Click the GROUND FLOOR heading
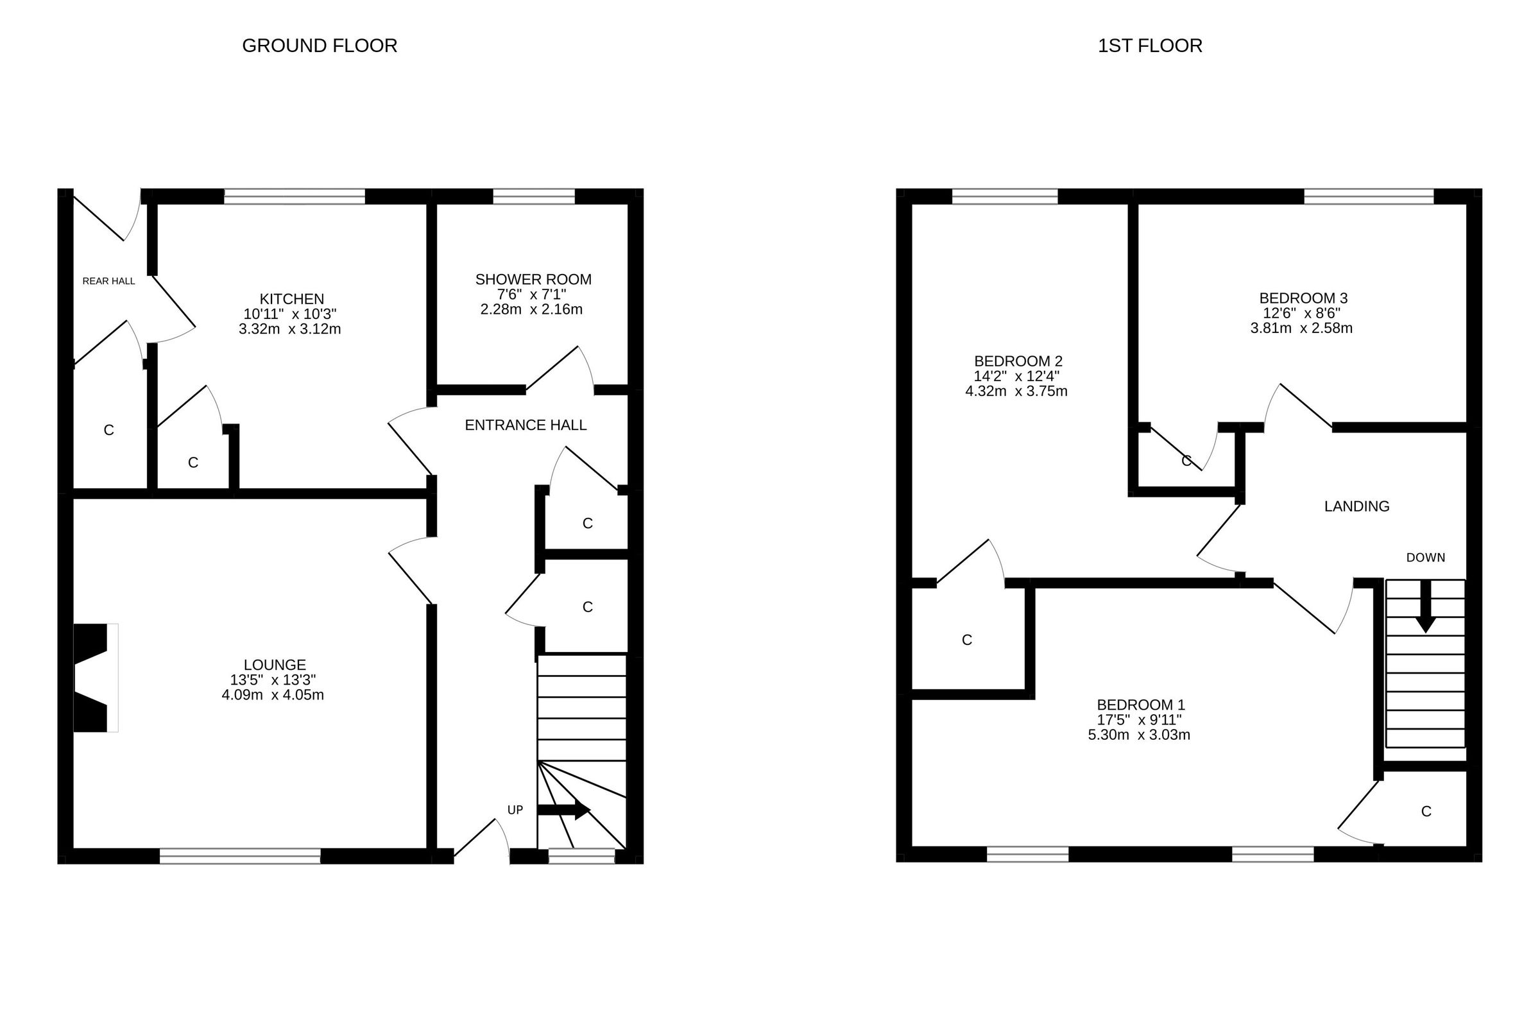click(x=320, y=46)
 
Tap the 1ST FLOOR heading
click(x=1150, y=46)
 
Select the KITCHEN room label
click(x=292, y=299)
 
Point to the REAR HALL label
click(x=109, y=281)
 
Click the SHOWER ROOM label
click(x=533, y=280)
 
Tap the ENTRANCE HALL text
click(x=525, y=425)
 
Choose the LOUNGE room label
click(x=275, y=665)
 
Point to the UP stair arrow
click(x=564, y=810)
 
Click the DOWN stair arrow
click(x=1425, y=606)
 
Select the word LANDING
click(x=1356, y=506)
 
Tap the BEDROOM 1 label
click(x=1141, y=705)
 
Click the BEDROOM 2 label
click(x=1018, y=361)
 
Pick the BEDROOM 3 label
click(x=1303, y=298)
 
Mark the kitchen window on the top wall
click(x=295, y=196)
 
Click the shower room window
click(x=534, y=196)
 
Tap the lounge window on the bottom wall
click(x=240, y=855)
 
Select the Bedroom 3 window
click(x=1369, y=196)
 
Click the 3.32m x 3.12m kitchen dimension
click(x=290, y=329)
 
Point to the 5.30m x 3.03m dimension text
click(x=1139, y=735)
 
